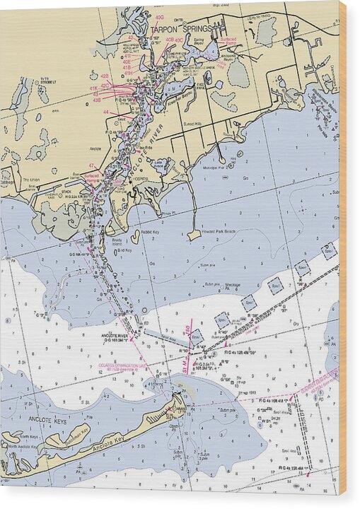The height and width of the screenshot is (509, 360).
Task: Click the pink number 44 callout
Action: click(x=106, y=112)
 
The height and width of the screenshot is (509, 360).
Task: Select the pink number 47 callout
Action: click(x=91, y=165)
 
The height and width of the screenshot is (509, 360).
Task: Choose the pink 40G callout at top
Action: click(x=159, y=16)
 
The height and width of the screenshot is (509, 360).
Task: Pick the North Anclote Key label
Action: click(x=25, y=447)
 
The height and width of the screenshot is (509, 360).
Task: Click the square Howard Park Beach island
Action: click(x=194, y=235)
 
